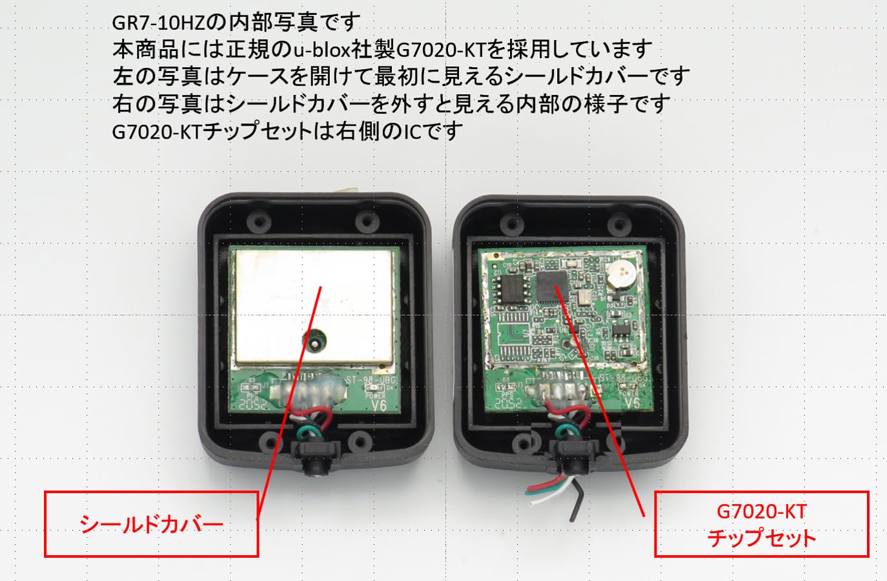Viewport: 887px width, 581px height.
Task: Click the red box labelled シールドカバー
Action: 151,524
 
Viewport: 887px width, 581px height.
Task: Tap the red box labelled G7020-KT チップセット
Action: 761,524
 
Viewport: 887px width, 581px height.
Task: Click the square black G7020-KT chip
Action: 551,287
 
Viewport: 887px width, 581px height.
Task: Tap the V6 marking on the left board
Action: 379,405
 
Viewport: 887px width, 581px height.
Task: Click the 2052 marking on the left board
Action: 254,405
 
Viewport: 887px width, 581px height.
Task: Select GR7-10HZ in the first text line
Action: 158,23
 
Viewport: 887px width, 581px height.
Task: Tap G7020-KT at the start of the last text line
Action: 158,131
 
